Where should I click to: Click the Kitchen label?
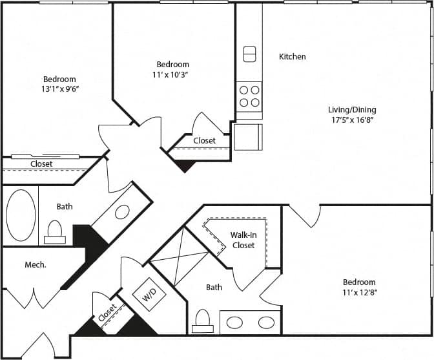click(x=292, y=57)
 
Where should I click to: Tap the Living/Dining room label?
click(x=351, y=110)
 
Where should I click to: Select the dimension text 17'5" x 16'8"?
click(x=351, y=120)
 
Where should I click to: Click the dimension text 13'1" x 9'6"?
click(x=59, y=89)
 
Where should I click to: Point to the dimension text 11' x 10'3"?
click(x=172, y=75)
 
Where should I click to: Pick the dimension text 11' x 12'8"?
click(x=359, y=293)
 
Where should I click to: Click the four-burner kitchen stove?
click(x=249, y=96)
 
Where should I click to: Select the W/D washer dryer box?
click(x=149, y=297)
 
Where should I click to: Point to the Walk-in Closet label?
click(x=242, y=240)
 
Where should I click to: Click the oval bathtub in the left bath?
click(x=21, y=215)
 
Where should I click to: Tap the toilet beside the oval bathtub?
click(x=55, y=231)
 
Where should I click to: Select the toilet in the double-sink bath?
click(x=203, y=321)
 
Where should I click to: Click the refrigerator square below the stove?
click(x=248, y=136)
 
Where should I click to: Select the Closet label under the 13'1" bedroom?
click(x=41, y=164)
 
